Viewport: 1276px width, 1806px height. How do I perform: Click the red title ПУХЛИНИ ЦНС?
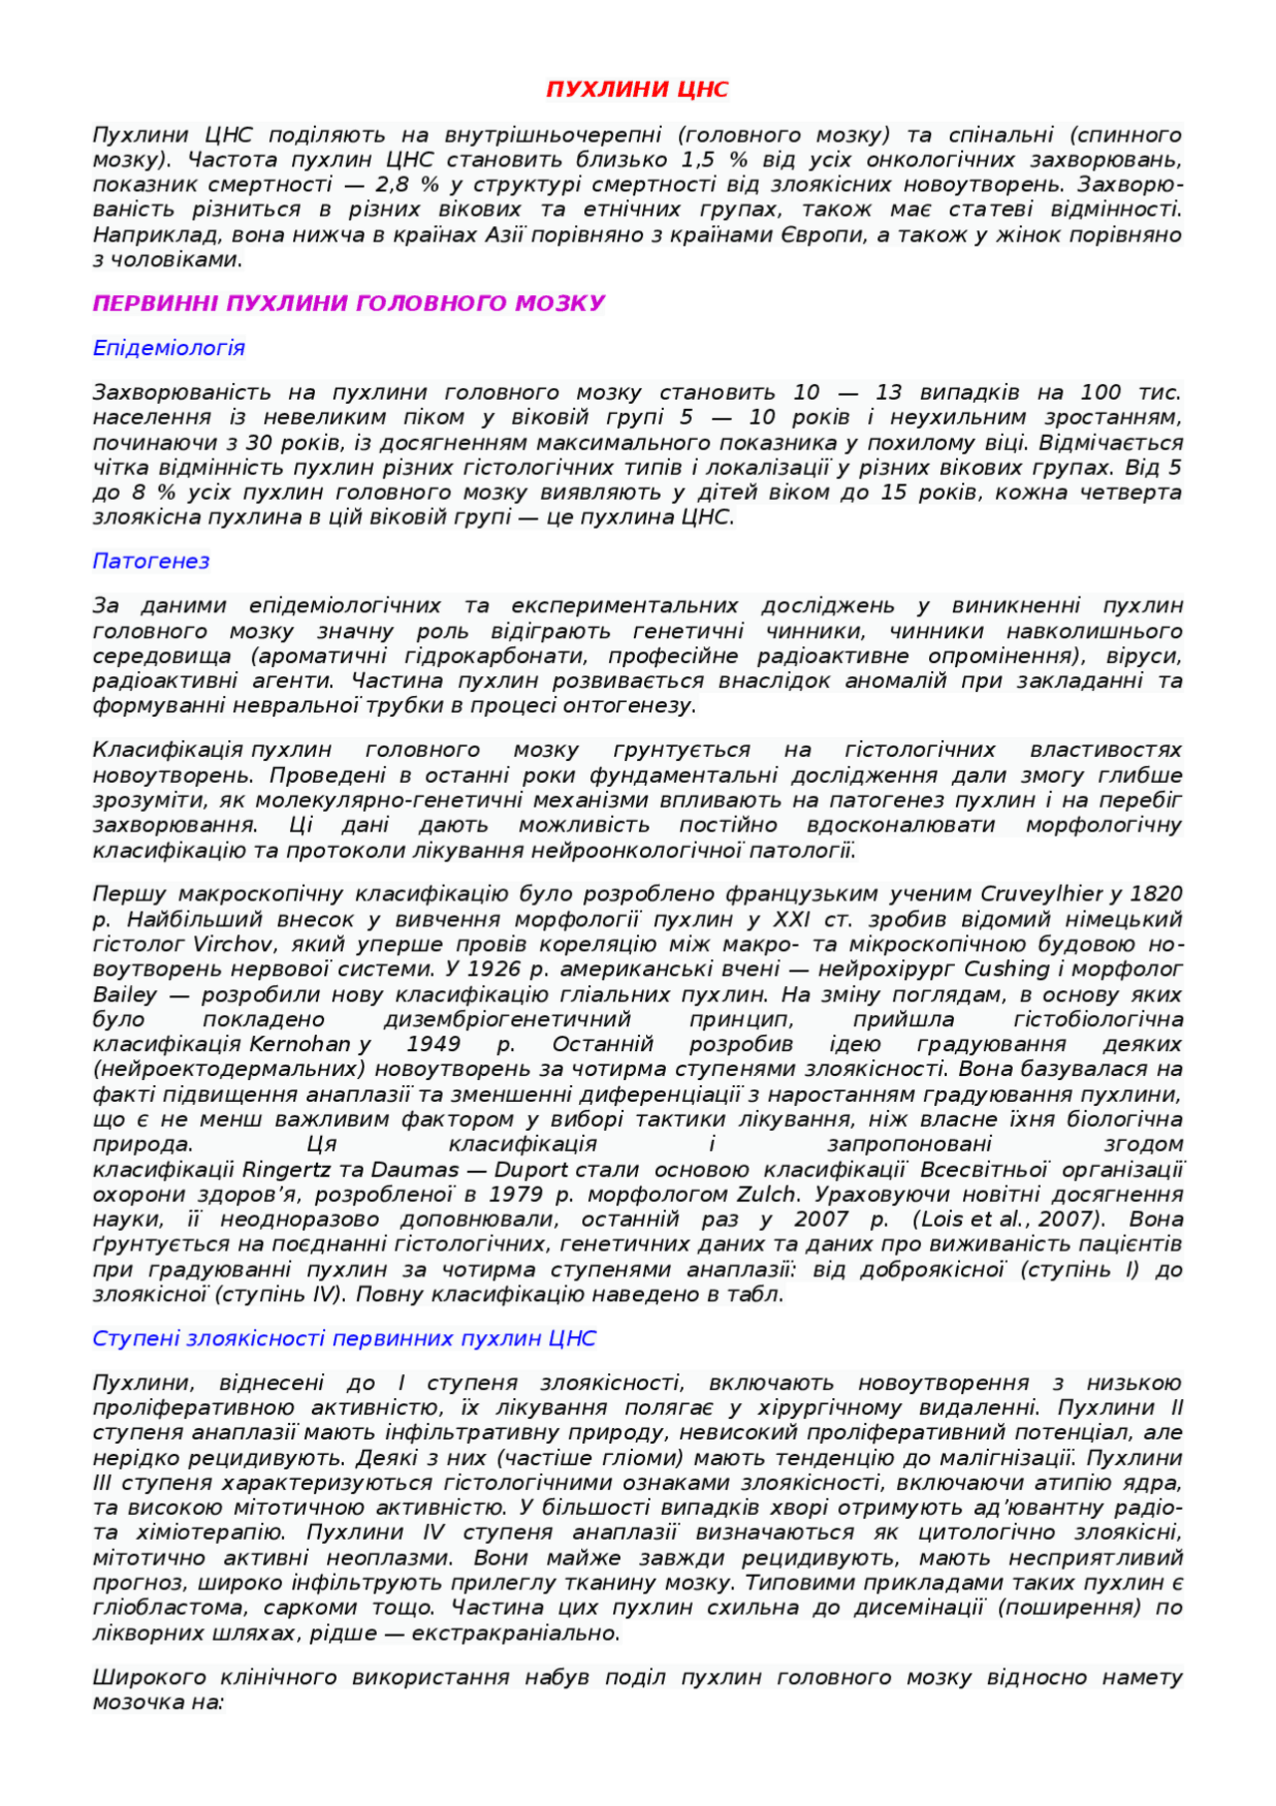[637, 90]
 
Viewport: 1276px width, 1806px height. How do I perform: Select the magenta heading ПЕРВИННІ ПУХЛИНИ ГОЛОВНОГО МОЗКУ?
[349, 303]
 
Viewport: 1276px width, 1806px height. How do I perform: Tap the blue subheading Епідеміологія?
[168, 348]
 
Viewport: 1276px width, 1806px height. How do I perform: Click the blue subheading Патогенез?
[151, 561]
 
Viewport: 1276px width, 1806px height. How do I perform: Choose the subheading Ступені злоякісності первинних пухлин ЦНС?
[344, 1338]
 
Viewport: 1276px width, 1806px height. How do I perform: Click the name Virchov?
[219, 944]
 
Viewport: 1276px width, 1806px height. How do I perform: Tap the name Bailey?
[125, 994]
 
